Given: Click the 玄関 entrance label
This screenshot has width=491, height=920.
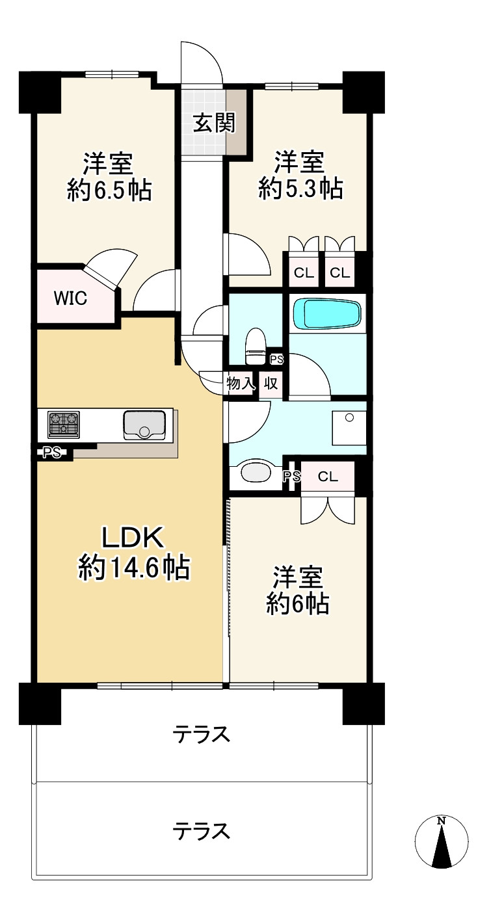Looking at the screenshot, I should (213, 122).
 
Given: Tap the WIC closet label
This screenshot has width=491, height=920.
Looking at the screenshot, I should (70, 298).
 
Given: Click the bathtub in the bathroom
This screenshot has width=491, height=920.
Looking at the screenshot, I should (326, 314).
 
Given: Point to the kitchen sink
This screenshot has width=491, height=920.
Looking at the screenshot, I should (144, 425).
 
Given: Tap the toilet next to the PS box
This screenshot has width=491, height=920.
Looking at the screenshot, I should (255, 347).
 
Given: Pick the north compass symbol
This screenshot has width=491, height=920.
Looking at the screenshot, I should (442, 842).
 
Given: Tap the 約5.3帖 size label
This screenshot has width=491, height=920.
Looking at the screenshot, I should (300, 189).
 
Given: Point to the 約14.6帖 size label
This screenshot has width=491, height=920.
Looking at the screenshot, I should (134, 568).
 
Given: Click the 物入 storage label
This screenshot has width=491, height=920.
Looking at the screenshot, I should (239, 384).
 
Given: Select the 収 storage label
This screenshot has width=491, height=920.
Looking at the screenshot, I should (271, 384).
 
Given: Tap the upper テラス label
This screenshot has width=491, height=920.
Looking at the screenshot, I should (202, 735).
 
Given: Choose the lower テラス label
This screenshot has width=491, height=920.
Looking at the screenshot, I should (202, 830).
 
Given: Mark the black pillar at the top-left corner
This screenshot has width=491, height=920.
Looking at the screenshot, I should (40, 90).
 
